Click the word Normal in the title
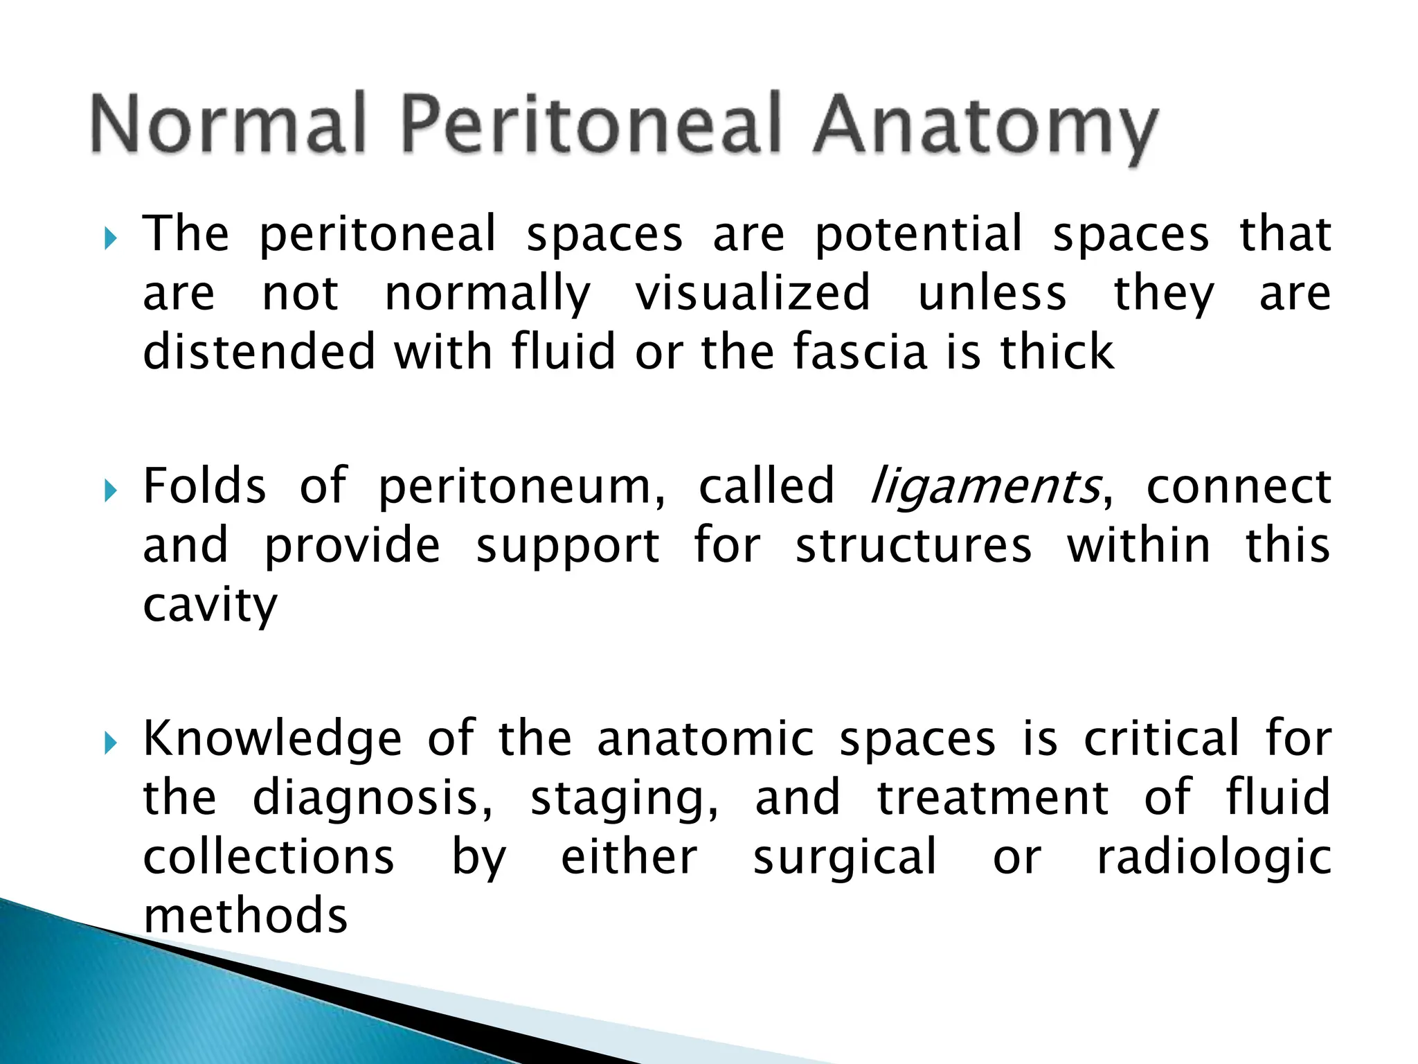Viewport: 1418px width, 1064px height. coord(228,125)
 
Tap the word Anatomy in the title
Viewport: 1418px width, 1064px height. coord(985,128)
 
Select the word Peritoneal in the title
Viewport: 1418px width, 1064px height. coord(591,125)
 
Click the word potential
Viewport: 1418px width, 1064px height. coord(918,236)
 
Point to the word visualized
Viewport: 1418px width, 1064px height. coord(753,294)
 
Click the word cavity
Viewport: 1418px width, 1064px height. coord(210,607)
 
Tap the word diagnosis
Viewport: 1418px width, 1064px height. coord(373,799)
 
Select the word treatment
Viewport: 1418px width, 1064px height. coord(993,798)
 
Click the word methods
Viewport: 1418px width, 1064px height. coord(245,916)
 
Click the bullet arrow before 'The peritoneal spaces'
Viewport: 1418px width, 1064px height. coord(111,240)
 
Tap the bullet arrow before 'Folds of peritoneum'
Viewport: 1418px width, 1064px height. coord(111,492)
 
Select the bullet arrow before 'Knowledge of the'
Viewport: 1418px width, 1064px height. coord(111,744)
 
